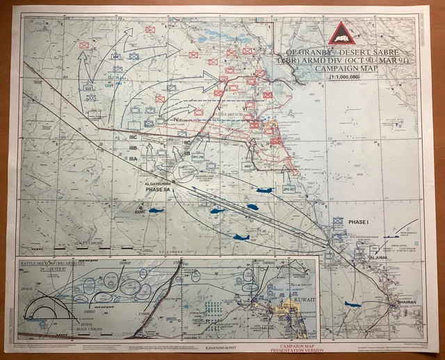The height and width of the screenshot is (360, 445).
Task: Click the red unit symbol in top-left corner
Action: point(84,45)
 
